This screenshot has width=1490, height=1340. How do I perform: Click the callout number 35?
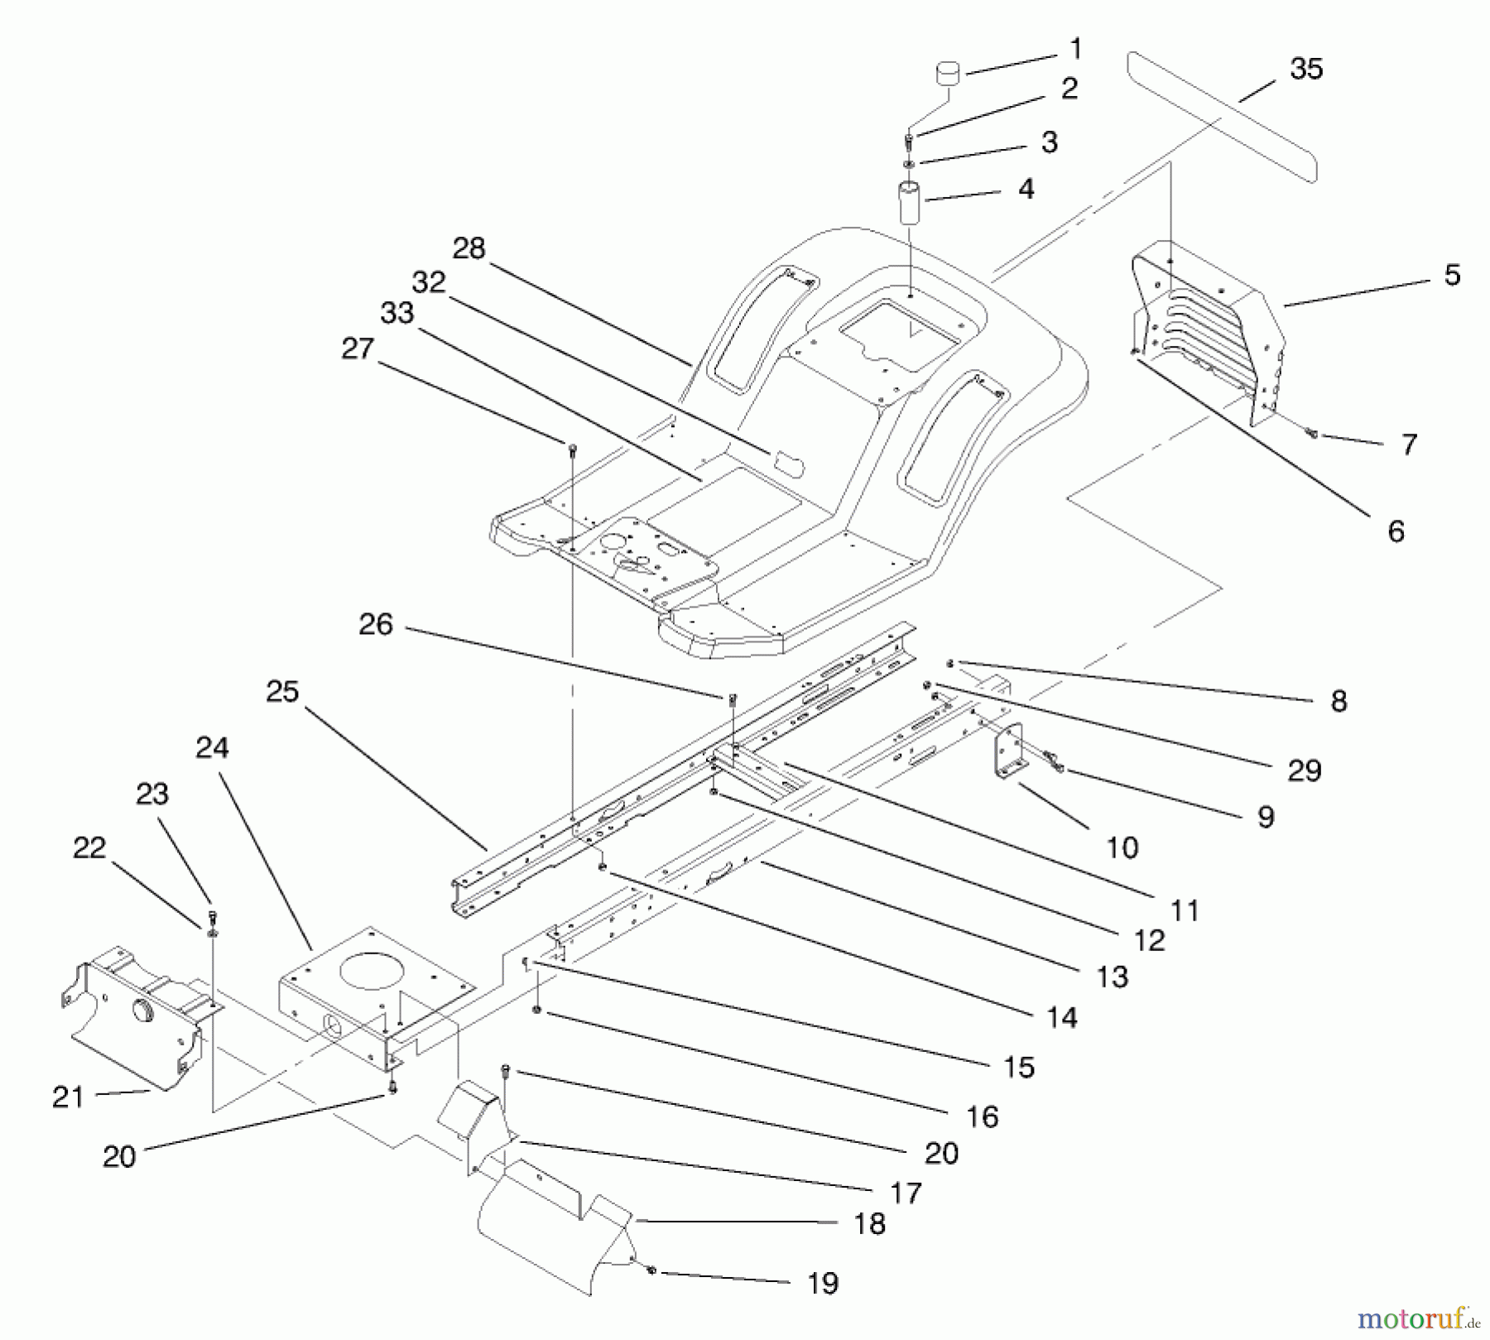1305,69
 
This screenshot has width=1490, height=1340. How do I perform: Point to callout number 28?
469,248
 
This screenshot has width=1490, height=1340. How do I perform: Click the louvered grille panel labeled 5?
1209,331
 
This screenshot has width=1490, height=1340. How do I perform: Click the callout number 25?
281,692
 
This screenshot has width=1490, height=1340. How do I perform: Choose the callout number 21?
68,1097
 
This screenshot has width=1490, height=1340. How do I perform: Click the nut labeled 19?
651,1270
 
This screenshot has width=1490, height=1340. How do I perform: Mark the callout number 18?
869,1223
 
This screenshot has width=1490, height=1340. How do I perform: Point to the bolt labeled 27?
572,449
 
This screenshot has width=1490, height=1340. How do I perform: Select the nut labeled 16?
537,1011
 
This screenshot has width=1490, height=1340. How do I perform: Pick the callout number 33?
397,314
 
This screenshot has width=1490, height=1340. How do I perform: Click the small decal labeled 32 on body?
788,463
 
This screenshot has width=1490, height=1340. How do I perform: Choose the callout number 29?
1304,771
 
